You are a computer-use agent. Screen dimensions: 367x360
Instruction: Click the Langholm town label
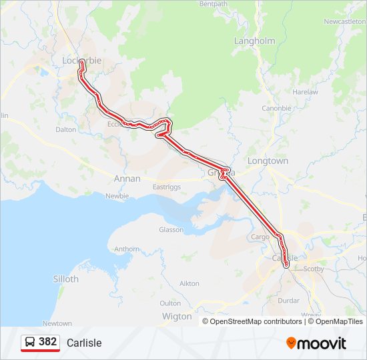(x=254, y=41)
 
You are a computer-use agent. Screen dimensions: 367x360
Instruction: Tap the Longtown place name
(x=268, y=161)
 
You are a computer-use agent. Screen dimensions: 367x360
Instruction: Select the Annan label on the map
(x=127, y=179)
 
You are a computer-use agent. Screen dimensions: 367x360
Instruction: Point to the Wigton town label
(x=177, y=317)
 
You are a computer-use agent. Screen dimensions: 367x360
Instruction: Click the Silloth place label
(x=65, y=279)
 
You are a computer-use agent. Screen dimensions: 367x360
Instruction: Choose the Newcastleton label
(x=344, y=21)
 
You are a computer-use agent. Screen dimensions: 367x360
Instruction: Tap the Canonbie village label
(x=276, y=108)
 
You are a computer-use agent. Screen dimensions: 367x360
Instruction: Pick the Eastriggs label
(x=168, y=187)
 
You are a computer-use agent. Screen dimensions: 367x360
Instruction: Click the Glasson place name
(x=171, y=229)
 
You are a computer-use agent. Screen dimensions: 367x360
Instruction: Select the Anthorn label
(x=127, y=249)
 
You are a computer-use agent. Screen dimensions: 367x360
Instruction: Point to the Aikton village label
(x=190, y=283)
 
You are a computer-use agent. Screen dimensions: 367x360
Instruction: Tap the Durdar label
(x=289, y=301)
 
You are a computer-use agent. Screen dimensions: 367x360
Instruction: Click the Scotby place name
(x=314, y=269)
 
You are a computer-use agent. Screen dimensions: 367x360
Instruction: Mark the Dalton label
(x=66, y=130)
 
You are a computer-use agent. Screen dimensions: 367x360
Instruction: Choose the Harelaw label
(x=305, y=91)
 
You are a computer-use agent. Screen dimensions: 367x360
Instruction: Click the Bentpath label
(x=214, y=4)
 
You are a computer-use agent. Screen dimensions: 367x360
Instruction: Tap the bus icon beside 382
(x=30, y=342)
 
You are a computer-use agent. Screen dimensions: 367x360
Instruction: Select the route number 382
(x=47, y=342)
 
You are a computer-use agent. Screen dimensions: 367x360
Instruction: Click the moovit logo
(x=316, y=343)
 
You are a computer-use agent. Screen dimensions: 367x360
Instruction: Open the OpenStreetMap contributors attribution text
(x=256, y=321)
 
